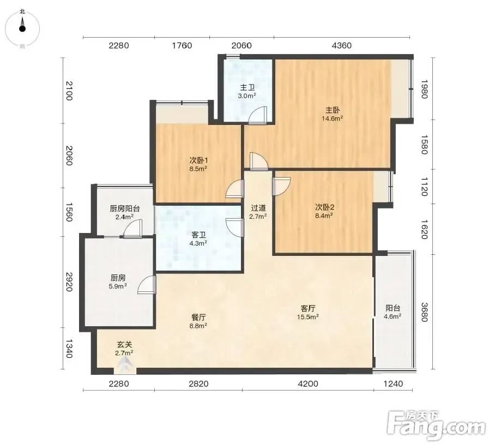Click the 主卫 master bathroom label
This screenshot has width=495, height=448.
(x=247, y=87)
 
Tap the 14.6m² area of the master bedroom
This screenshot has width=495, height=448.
(x=333, y=118)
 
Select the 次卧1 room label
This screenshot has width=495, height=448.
(x=198, y=160)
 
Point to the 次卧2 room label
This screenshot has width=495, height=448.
(x=324, y=207)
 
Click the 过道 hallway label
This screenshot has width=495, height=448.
(x=258, y=208)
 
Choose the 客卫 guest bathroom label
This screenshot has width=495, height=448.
(x=198, y=235)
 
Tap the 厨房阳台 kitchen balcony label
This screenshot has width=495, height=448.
(x=125, y=208)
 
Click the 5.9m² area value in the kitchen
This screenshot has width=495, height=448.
(x=118, y=286)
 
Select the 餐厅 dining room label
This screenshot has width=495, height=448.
(x=198, y=317)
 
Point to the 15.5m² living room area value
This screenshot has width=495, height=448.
(x=308, y=316)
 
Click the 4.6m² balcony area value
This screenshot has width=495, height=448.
(x=393, y=316)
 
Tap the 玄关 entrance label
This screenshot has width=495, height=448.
(x=124, y=344)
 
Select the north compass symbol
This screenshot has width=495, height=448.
(x=22, y=26)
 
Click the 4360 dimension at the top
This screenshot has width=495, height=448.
(x=342, y=45)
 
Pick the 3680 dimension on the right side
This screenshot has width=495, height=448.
(x=424, y=312)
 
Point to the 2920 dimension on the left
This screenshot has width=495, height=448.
(x=69, y=282)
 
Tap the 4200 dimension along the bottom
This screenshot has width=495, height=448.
(x=308, y=384)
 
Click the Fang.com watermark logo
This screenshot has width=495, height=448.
(x=436, y=425)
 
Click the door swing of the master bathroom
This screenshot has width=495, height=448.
(x=257, y=115)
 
